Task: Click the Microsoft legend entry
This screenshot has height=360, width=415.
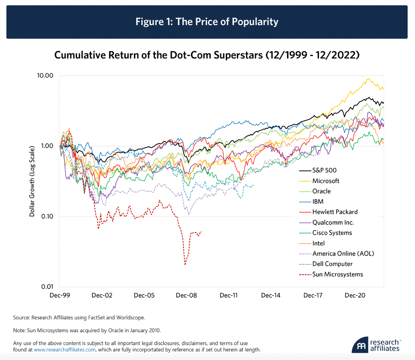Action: coord(326,181)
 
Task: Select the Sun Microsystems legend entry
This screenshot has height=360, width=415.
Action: coord(337,275)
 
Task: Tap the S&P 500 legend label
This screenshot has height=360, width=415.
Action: coord(325,170)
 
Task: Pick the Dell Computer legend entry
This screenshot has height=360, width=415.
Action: coord(332,264)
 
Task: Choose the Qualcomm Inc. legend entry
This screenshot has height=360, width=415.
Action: coord(333,222)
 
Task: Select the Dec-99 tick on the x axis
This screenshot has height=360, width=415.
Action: coord(60,296)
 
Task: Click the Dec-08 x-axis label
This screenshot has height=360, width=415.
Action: coord(186,296)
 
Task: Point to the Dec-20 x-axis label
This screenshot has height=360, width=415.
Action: coord(355,296)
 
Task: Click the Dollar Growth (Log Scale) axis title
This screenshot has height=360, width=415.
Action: coord(32,181)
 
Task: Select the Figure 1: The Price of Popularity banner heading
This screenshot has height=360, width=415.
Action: coord(207,22)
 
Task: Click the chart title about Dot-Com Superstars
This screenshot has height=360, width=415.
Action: coord(207,55)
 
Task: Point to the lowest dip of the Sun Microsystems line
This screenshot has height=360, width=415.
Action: coord(185,265)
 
